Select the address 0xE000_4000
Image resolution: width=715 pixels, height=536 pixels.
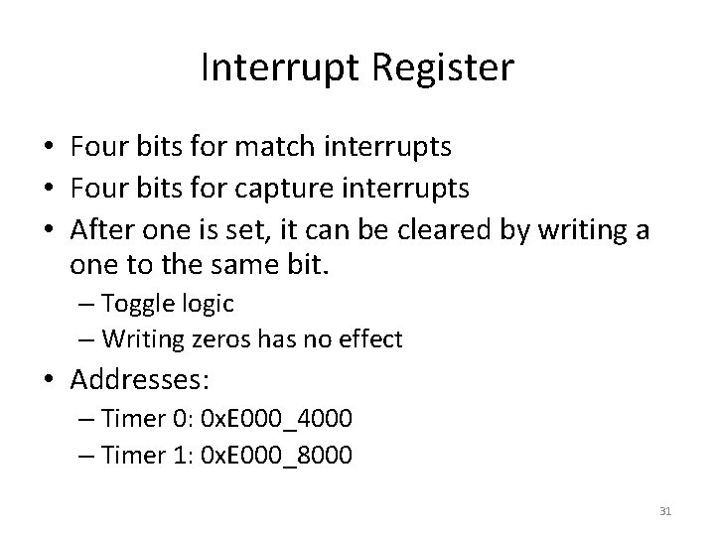(x=276, y=418)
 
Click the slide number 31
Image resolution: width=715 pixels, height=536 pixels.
(x=665, y=511)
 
